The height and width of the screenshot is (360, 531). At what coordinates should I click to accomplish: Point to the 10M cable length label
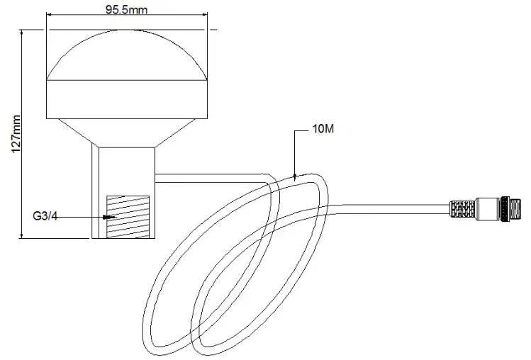(323, 131)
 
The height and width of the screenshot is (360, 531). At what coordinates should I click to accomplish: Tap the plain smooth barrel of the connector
(488, 210)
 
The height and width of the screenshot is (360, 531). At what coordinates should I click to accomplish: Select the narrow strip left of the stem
(95, 191)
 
